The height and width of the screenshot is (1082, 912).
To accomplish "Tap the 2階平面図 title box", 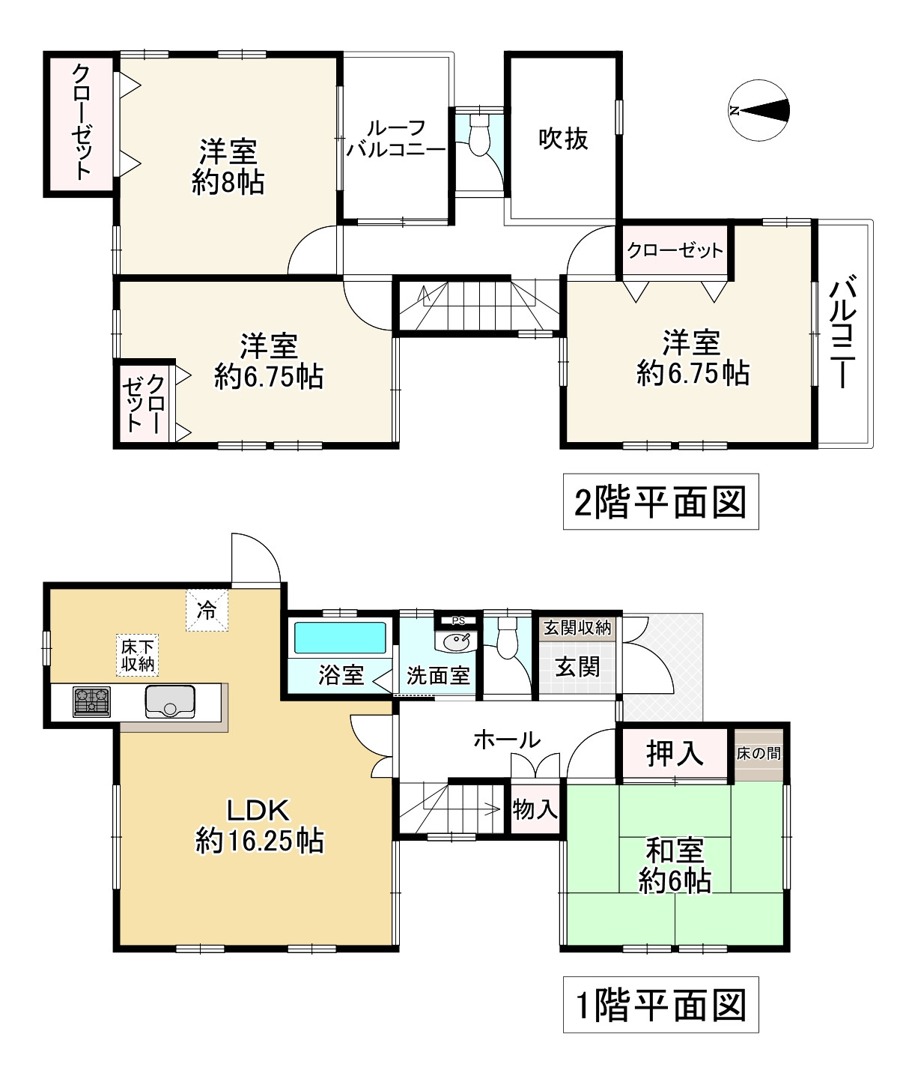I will tap(660, 501).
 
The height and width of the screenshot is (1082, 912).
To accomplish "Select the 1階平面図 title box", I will tap(660, 1005).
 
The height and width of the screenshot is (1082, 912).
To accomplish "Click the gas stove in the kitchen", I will tap(91, 702).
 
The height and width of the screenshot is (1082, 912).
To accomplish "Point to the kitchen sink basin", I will tap(170, 701).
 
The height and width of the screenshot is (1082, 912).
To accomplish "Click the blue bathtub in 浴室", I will tap(341, 638).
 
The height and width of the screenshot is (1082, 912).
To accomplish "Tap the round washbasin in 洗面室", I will tap(456, 641).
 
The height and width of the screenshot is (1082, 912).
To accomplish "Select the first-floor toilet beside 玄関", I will tap(508, 637).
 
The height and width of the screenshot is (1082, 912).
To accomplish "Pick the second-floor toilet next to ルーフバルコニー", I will tap(478, 134).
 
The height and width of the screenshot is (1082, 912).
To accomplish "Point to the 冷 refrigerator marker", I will tap(207, 610).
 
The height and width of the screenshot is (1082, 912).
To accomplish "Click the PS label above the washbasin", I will tap(458, 620).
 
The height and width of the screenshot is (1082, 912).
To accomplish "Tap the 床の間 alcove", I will tap(759, 753).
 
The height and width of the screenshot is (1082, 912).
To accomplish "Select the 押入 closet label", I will tap(675, 754).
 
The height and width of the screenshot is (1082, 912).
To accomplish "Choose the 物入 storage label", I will tap(535, 809).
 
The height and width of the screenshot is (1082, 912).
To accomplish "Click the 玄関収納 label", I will tap(577, 627).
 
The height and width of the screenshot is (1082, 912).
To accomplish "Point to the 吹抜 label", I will tap(563, 139).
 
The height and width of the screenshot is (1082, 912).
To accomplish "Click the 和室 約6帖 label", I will tap(675, 866).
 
